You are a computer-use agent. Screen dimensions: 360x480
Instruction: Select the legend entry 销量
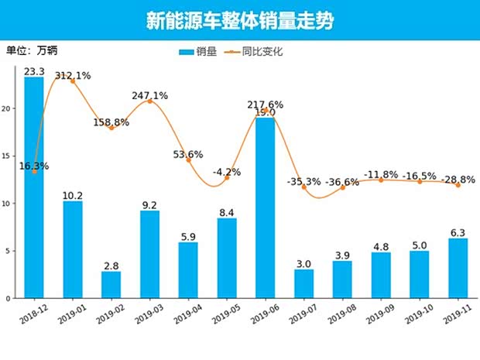click(198, 52)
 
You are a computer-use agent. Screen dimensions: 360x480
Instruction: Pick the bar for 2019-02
click(111, 284)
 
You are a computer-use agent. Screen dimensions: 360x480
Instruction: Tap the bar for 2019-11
click(458, 268)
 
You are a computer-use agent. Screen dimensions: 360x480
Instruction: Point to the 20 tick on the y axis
click(8, 109)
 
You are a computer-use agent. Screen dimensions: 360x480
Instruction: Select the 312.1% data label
click(73, 75)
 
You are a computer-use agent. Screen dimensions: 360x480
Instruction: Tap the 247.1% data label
click(149, 95)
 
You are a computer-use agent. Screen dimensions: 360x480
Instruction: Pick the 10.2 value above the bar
click(73, 195)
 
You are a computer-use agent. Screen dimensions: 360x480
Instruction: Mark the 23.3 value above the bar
click(34, 71)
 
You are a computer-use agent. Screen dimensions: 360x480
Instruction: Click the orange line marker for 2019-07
click(304, 187)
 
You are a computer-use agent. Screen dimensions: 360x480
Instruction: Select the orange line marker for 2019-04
click(188, 160)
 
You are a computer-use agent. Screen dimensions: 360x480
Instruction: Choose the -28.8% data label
click(458, 179)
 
